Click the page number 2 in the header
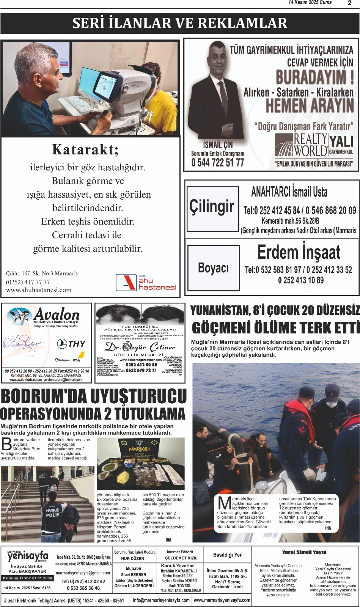[349, 3]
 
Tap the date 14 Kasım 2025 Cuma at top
[310, 2]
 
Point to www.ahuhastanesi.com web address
[39, 290]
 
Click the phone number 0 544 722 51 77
[217, 162]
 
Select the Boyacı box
[213, 268]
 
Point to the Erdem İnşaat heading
[299, 252]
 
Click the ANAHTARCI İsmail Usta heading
[289, 192]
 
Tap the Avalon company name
[57, 315]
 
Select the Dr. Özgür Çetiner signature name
[140, 347]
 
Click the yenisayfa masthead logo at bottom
[28, 557]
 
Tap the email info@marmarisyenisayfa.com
[161, 600]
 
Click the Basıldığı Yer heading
[227, 555]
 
